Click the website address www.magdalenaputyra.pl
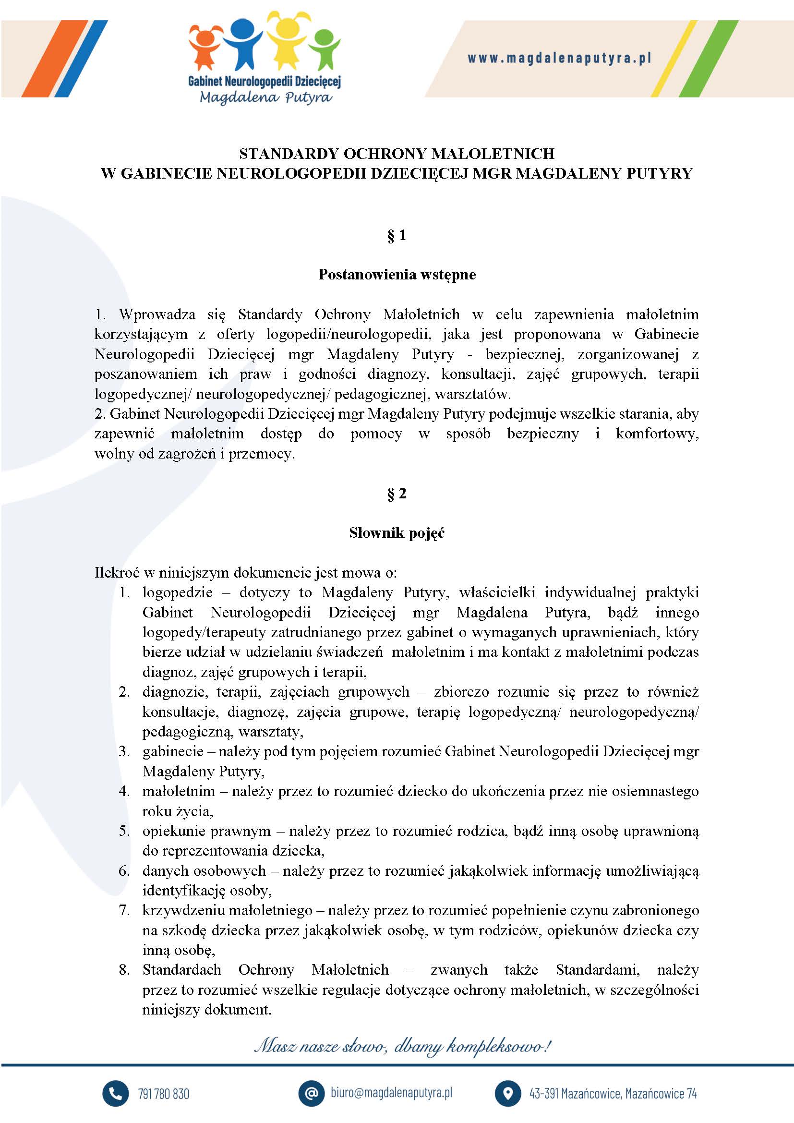click(x=559, y=59)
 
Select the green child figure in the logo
click(x=324, y=49)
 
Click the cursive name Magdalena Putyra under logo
click(x=265, y=97)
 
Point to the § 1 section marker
click(x=397, y=236)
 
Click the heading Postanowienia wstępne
click(x=397, y=275)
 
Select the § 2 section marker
click(x=397, y=494)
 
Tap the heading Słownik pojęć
click(x=397, y=532)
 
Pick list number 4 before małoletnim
click(x=124, y=791)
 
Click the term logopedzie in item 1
click(x=178, y=592)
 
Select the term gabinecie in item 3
click(x=173, y=751)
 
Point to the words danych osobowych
click(x=204, y=870)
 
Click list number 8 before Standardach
click(x=124, y=969)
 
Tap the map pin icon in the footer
click(x=507, y=1094)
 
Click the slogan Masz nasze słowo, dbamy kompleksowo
click(x=402, y=1047)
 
